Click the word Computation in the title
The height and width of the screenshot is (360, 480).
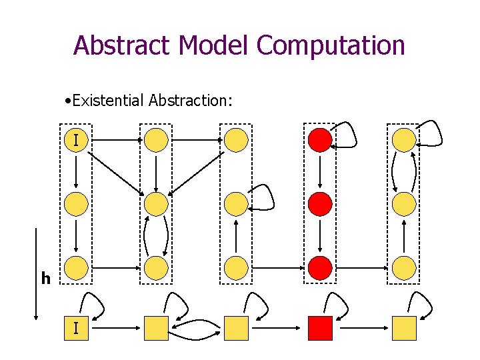(x=331, y=45)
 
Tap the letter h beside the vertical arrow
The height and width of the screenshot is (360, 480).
(x=45, y=279)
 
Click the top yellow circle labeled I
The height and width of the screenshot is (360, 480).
(x=77, y=141)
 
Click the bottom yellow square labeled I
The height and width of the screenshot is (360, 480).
(x=77, y=328)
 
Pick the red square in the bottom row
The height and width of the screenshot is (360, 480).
(x=320, y=328)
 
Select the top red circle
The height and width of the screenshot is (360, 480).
(x=320, y=141)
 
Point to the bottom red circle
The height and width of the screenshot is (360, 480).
(x=320, y=268)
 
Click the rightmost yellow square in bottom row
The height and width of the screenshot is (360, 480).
(x=404, y=328)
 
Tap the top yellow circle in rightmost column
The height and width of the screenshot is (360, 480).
(x=404, y=141)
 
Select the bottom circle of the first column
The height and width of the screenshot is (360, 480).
(x=77, y=268)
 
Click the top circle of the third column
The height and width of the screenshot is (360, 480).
(x=236, y=141)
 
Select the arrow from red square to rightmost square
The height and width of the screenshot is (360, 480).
(x=361, y=328)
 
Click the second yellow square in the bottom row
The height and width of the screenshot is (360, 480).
(x=156, y=328)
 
